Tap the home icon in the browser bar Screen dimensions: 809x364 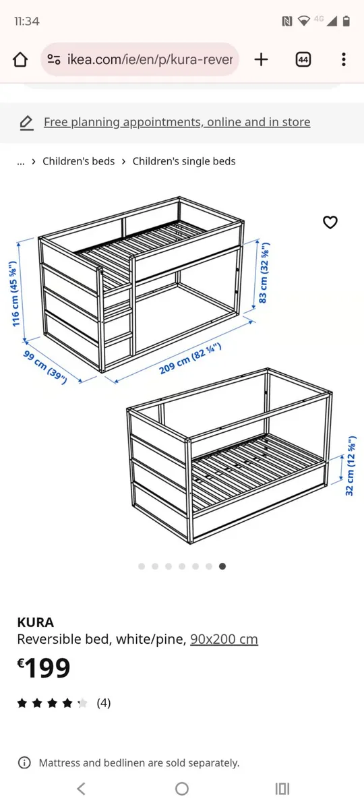[x=20, y=59]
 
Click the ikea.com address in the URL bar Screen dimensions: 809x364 [x=149, y=59]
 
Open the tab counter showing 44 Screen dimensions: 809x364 [x=303, y=59]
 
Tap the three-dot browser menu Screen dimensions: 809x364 [x=343, y=59]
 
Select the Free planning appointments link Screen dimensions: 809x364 [x=177, y=122]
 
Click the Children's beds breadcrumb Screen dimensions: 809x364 [x=78, y=161]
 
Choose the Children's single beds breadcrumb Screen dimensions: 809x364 [x=184, y=161]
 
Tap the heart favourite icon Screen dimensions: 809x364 [x=330, y=222]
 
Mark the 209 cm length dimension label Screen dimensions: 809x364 [x=190, y=359]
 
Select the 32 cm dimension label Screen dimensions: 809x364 [x=350, y=466]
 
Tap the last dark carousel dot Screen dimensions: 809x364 [x=222, y=566]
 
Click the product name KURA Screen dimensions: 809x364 [x=35, y=622]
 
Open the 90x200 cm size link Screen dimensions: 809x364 [x=224, y=639]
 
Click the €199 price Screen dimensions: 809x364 [x=44, y=668]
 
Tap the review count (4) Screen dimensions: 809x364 [x=104, y=703]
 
